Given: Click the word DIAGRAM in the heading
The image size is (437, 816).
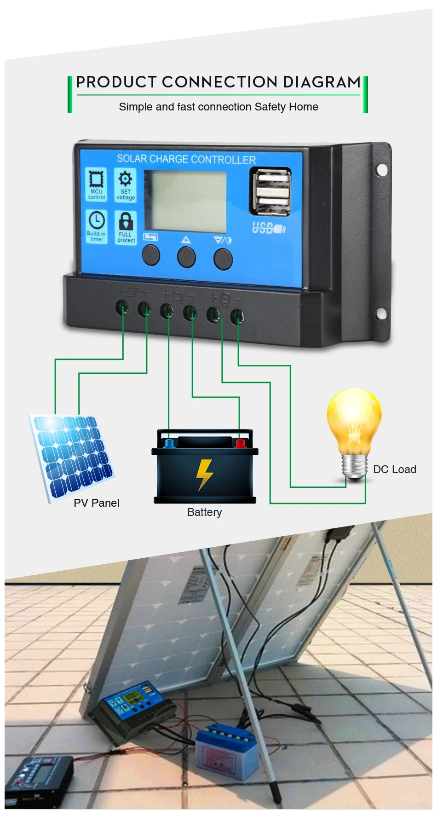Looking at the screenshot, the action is tap(322, 82).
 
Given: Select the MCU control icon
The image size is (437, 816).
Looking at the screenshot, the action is tap(96, 184).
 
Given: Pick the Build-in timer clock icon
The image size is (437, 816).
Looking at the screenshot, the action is tap(97, 226).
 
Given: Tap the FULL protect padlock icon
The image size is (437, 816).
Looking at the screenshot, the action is tap(126, 227).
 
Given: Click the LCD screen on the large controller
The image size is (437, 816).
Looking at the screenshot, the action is tap(185, 201).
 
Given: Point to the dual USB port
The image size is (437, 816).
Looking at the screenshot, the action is tap(271, 191).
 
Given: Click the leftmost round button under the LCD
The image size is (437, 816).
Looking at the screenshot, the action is tap(151, 255).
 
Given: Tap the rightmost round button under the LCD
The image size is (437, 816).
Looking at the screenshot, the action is tap(223, 259).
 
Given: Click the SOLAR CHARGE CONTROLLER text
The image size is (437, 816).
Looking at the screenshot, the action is tap(186, 159).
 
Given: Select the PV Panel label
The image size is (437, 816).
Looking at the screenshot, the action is tap(96, 503).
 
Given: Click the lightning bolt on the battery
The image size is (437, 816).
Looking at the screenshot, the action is tap(204, 475).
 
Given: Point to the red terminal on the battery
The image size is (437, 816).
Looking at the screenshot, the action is tap(240, 443).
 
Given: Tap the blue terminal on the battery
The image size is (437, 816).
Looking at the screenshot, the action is tap(169, 444).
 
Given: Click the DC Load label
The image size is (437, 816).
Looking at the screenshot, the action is tap(394, 469).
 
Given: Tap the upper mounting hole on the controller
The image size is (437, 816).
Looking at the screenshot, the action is tap(381, 170).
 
